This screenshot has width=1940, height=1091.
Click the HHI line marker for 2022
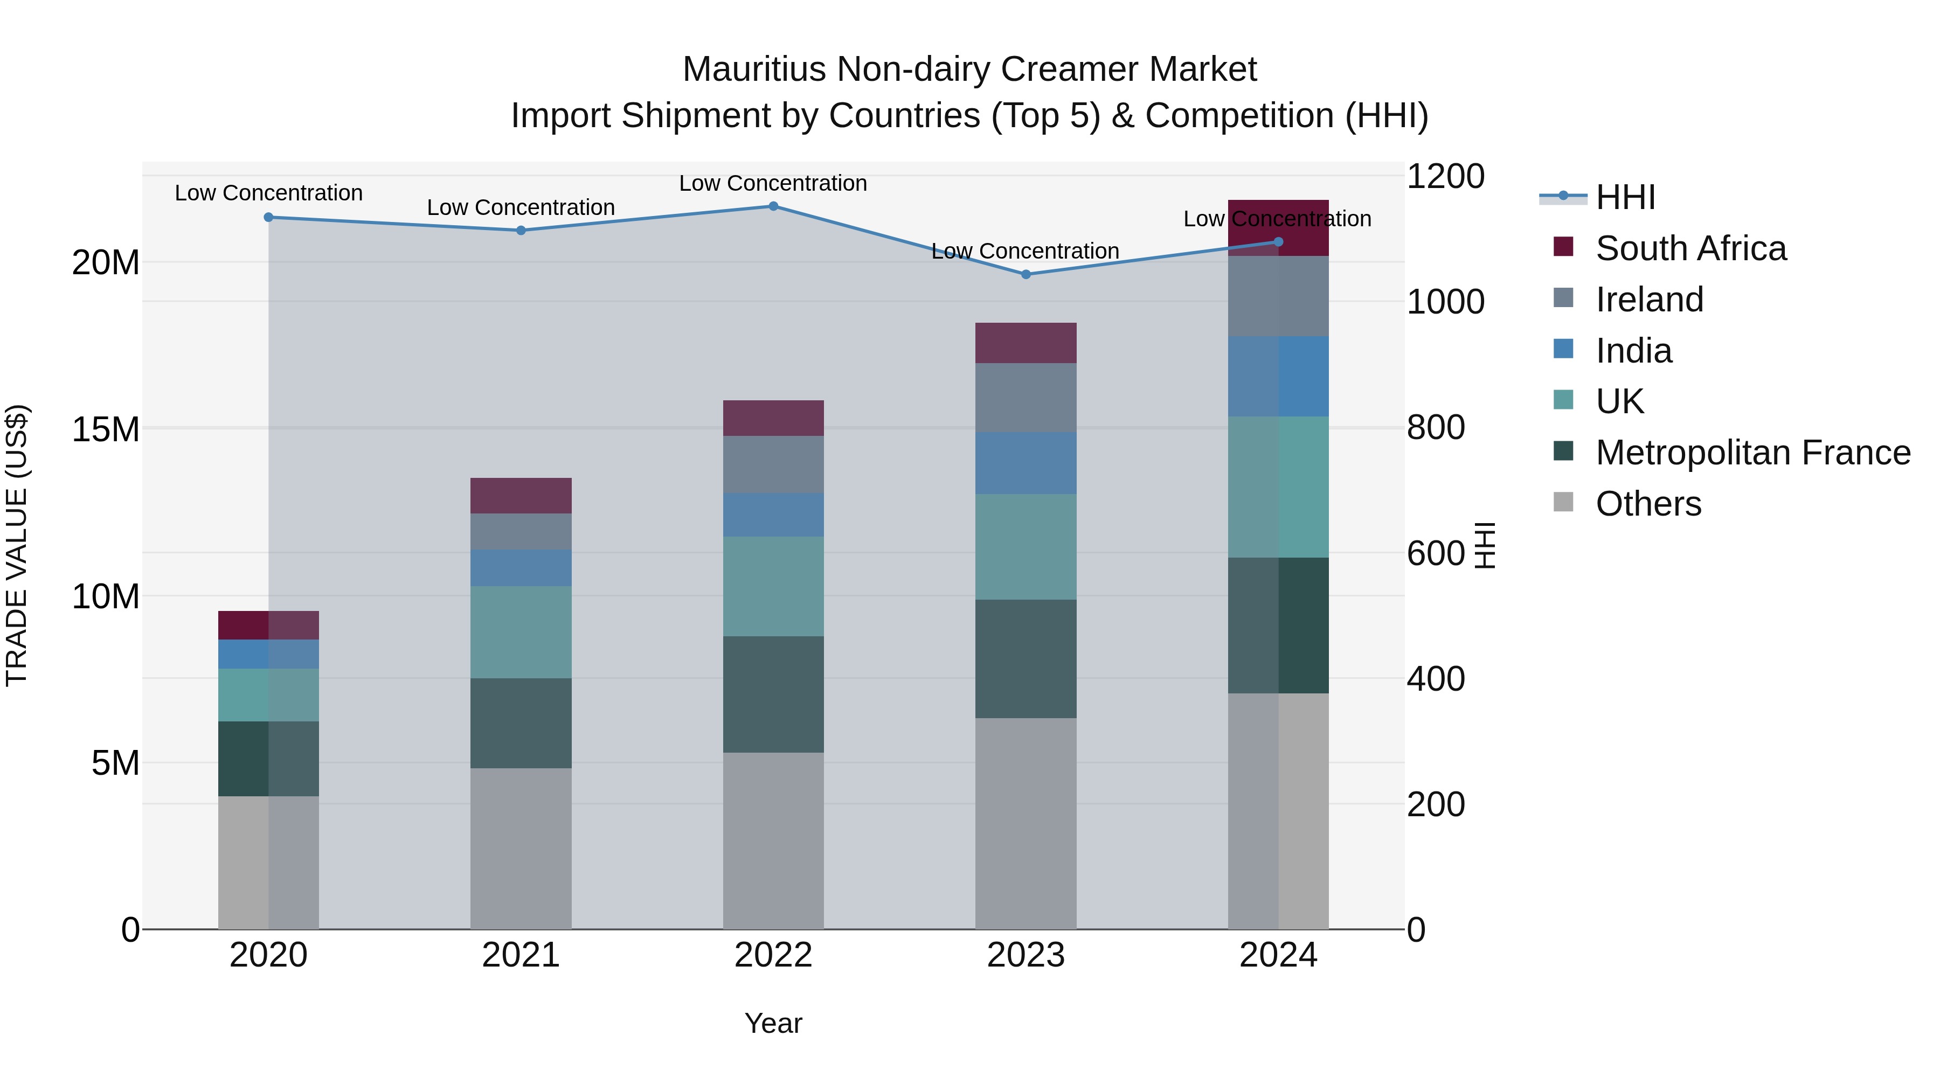(773, 206)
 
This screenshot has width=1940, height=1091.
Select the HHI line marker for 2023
(1025, 275)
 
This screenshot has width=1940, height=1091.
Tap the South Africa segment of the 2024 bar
(1278, 227)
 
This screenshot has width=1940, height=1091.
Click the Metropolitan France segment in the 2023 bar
(1025, 659)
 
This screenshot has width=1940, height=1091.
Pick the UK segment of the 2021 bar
(521, 633)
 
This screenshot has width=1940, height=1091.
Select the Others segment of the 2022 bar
(773, 840)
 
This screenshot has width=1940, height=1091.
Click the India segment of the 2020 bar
(268, 654)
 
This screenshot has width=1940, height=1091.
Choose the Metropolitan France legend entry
(1752, 453)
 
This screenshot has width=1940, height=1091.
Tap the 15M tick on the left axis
(106, 429)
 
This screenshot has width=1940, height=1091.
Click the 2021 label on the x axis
(521, 955)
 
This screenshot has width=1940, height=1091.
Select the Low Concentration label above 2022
(773, 183)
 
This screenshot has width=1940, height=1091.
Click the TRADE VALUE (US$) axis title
(17, 545)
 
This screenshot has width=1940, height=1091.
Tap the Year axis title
(773, 1023)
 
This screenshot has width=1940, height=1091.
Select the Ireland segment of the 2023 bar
(1025, 398)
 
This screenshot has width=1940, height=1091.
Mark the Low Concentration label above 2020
(268, 193)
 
